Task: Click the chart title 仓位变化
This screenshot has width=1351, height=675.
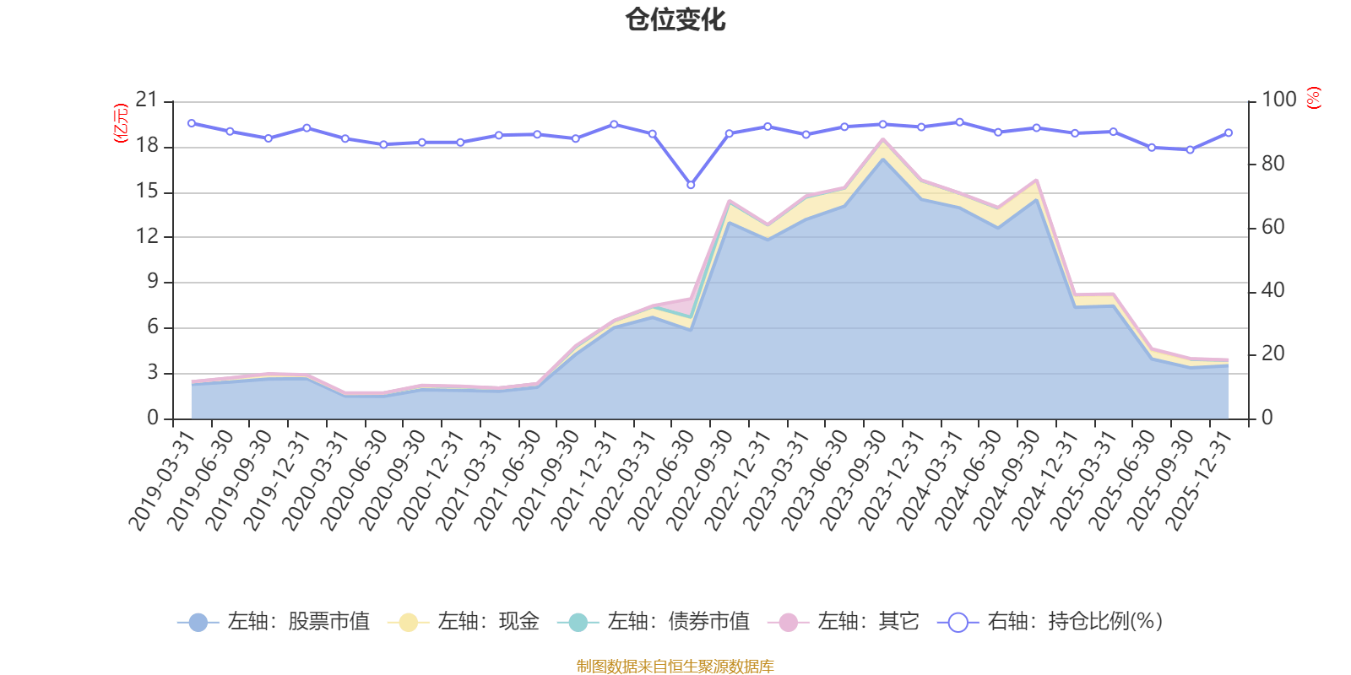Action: click(x=675, y=19)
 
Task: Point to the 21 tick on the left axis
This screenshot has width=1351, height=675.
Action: click(x=147, y=100)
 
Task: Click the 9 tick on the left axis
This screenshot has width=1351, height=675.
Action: click(x=153, y=282)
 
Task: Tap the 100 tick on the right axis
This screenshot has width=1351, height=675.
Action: click(x=1278, y=100)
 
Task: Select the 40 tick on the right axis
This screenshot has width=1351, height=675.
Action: click(x=1272, y=290)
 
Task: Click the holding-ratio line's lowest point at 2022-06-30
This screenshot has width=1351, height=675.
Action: click(x=691, y=185)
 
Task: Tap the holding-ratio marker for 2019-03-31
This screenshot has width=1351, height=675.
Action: click(x=192, y=123)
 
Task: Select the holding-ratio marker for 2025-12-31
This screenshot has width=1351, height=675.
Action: click(x=1229, y=132)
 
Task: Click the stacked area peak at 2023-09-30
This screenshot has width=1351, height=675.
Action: click(x=883, y=140)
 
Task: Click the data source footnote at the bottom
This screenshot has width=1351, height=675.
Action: click(x=675, y=667)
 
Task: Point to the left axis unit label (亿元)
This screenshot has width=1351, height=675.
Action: click(x=121, y=123)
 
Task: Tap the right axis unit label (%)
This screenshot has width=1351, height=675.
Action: click(x=1313, y=98)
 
